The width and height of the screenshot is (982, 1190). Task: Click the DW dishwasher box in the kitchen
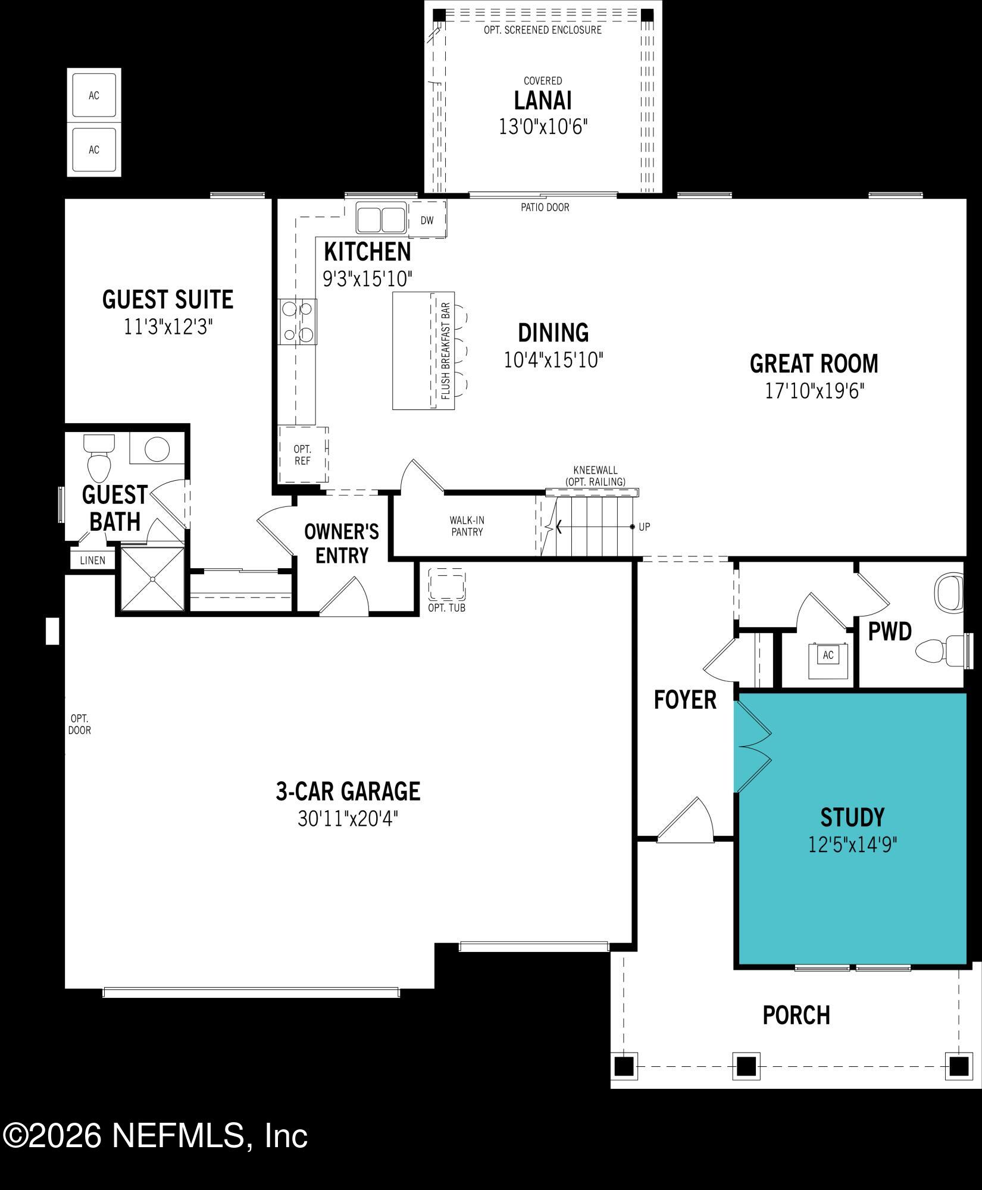[427, 221]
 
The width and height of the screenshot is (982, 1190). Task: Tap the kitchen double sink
[381, 218]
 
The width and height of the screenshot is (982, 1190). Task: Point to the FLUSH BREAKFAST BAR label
[445, 350]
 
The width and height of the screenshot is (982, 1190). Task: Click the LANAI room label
[543, 101]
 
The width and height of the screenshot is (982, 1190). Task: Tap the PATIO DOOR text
[545, 208]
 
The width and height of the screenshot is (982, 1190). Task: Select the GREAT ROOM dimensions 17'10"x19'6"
[814, 391]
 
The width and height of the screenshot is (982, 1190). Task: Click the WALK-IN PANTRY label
[467, 526]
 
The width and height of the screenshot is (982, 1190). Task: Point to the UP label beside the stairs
[644, 527]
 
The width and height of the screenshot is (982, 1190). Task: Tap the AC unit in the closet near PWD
[827, 655]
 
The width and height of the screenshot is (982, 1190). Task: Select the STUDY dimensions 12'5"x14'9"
[852, 844]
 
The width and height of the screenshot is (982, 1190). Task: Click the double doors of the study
[753, 746]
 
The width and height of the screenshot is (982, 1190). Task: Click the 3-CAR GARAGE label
[348, 791]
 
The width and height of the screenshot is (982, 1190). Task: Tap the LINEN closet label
[92, 560]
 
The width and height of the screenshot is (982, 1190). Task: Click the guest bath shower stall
[152, 579]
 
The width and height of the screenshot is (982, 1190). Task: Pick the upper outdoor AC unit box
[94, 95]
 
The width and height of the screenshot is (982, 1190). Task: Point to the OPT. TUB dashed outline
[446, 584]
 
